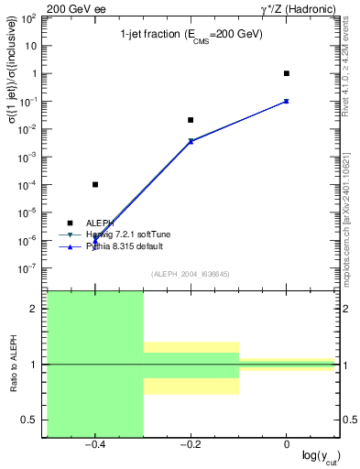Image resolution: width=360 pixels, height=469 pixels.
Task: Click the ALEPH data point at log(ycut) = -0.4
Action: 95,184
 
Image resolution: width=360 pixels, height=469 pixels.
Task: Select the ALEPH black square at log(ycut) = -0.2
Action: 191,120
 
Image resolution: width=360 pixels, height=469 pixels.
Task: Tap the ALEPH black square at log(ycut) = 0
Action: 287,73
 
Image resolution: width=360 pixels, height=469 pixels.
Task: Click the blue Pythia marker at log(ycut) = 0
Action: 287,101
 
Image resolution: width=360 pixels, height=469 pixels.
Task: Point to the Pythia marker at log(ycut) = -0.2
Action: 191,140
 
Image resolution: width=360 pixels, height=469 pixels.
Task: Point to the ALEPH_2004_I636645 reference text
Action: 191,274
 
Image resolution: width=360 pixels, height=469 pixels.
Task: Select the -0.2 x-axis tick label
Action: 190,445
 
